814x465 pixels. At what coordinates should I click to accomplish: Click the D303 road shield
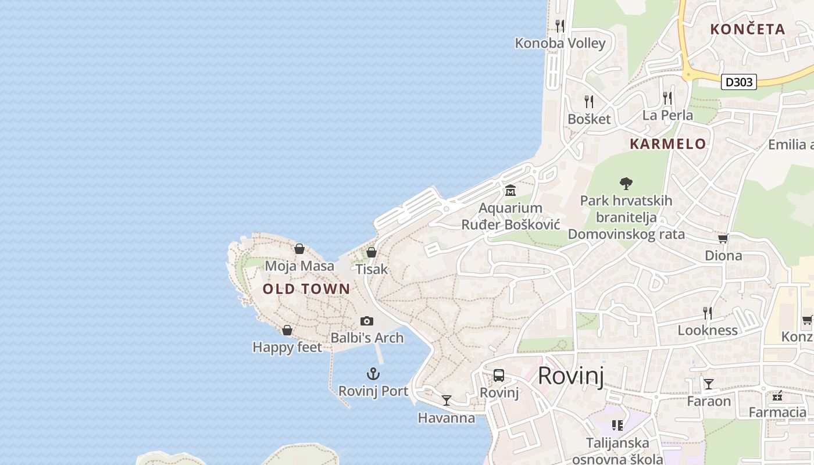739,82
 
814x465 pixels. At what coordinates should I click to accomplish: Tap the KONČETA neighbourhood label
748,29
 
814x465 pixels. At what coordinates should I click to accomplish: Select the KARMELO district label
668,144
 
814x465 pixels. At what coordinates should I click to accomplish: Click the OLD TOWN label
306,289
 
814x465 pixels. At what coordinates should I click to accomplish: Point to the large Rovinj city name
570,376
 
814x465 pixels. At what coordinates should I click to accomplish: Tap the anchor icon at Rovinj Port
373,374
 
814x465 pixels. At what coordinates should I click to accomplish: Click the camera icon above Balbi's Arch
366,321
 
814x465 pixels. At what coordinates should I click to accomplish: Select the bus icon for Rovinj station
499,375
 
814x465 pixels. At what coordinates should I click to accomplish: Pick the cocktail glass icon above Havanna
446,400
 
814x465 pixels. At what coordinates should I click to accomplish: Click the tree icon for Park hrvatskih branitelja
626,184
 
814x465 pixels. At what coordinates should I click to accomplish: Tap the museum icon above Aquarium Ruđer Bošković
510,190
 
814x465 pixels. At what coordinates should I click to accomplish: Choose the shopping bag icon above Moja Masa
299,249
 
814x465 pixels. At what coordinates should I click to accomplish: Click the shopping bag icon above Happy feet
287,330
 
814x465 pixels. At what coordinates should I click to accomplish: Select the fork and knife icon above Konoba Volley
560,26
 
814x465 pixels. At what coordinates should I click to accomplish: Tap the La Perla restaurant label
667,115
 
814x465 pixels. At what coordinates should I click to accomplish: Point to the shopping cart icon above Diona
723,238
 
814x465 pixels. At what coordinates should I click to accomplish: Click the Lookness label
708,330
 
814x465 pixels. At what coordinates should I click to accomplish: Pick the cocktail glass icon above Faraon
708,384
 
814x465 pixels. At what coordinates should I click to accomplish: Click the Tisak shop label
372,269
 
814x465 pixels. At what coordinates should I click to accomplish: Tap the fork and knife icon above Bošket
589,102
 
